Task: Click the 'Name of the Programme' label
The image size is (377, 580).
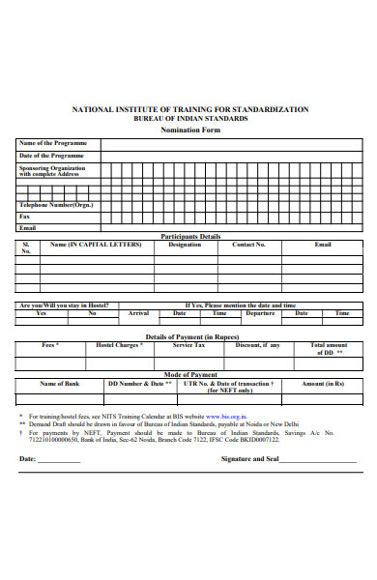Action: coord(52,143)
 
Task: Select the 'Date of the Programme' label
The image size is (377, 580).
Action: coord(52,156)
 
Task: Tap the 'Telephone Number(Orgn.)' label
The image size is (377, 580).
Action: coord(57,205)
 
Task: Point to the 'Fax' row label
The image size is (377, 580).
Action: coord(24,217)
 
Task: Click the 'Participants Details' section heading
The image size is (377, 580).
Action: coord(190,236)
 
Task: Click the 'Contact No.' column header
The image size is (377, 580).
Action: coord(248,245)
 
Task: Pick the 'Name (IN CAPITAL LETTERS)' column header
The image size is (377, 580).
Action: coord(96,245)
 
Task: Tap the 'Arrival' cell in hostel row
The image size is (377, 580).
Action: coord(138,313)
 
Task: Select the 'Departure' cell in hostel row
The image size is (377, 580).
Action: coord(260,313)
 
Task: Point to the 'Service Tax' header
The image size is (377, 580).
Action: coord(188,344)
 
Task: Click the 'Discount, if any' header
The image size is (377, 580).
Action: coord(258,344)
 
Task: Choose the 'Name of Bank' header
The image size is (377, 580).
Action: coord(58,384)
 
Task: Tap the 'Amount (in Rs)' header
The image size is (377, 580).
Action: coord(323,384)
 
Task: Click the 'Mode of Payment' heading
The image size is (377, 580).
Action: coord(190,374)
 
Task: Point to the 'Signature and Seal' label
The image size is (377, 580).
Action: coord(249,459)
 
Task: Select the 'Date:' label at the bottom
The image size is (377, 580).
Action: coord(27,459)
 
